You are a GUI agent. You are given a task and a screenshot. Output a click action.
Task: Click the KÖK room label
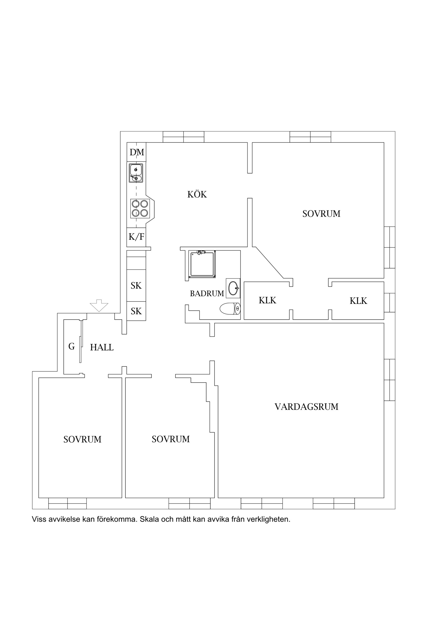(197, 194)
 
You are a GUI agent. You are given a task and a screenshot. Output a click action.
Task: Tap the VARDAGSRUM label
(306, 407)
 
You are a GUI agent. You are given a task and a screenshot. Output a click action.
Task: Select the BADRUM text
(207, 294)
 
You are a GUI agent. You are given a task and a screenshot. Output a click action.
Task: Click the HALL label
(102, 347)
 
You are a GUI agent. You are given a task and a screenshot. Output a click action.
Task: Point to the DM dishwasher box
(136, 152)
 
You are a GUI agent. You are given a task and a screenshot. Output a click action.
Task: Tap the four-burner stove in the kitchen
(140, 208)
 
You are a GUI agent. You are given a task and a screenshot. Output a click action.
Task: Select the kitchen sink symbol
(136, 173)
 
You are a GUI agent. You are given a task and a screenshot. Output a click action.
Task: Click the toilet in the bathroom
(230, 309)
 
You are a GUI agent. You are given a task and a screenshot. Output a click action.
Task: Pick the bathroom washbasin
(233, 288)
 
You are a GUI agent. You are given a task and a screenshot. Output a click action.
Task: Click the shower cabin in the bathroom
(202, 264)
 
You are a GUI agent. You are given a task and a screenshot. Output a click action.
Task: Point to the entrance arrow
(99, 305)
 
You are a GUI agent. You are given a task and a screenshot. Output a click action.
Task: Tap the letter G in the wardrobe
(71, 346)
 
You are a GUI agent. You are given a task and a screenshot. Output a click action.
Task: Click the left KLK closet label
(268, 300)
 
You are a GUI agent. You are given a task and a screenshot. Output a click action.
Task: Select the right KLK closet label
(358, 301)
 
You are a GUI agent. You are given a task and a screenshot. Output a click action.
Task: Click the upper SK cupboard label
(136, 286)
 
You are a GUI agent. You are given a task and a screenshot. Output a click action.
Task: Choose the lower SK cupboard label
(136, 311)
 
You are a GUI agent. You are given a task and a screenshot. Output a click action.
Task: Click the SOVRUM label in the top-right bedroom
(321, 214)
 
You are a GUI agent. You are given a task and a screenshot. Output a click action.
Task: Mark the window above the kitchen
(184, 137)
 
